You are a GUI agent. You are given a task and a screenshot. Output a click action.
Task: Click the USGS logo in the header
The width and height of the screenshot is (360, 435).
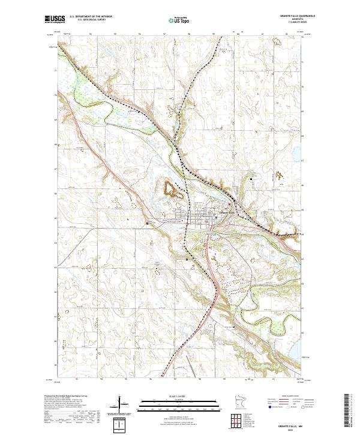click(54, 20)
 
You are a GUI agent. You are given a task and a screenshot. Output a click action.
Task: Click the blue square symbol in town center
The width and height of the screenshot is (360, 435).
click(217, 214)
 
